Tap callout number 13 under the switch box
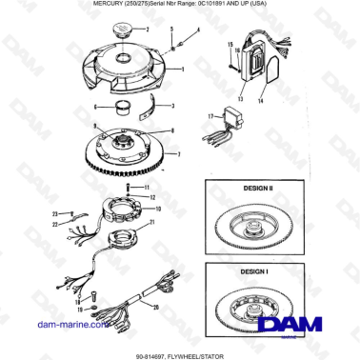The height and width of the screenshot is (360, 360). pos(242,98)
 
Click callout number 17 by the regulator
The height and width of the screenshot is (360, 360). pos(211,116)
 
